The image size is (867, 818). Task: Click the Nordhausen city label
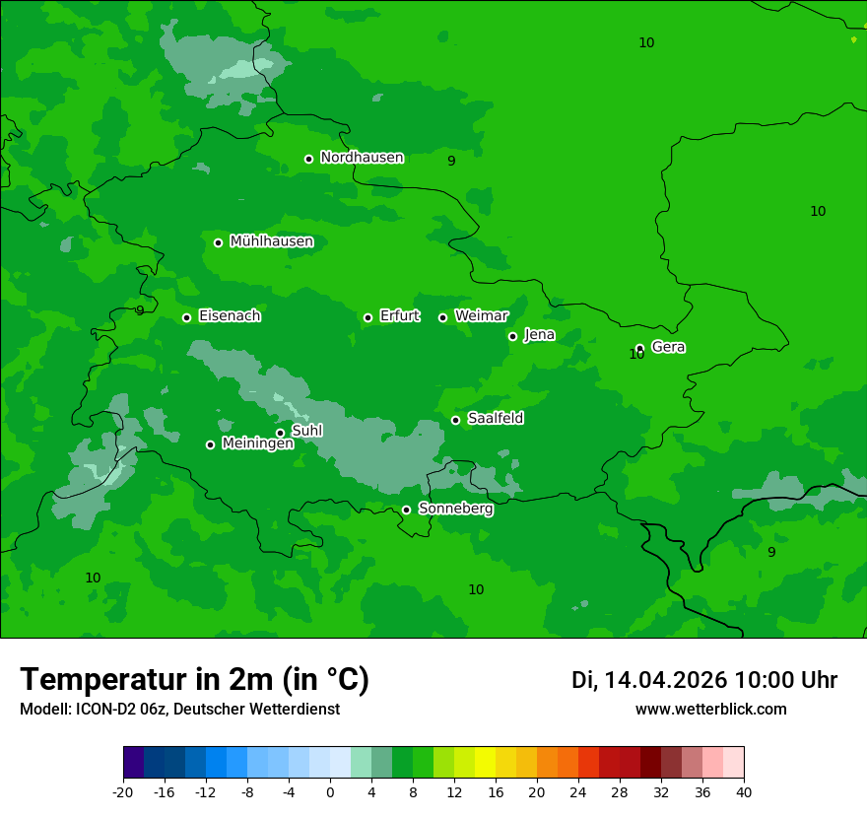point(362,158)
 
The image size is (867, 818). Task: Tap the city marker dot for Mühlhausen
point(218,242)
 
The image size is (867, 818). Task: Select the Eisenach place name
point(230,316)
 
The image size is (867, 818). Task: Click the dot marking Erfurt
point(367,317)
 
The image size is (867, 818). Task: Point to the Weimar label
point(481,316)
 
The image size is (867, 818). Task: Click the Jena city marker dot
point(512,336)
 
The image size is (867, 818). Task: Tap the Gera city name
point(668,347)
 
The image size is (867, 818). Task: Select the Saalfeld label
point(495,419)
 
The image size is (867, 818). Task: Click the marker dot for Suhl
point(280,433)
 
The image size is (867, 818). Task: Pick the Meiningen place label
point(257,444)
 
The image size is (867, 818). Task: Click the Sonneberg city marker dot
point(406,510)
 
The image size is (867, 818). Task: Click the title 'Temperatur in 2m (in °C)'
point(194,679)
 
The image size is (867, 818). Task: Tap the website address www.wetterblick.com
point(710,709)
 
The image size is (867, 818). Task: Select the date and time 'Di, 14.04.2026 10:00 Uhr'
point(703,680)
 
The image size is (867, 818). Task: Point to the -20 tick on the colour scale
point(123,791)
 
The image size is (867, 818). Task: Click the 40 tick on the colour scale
point(744,791)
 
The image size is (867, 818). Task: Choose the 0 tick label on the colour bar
point(330,791)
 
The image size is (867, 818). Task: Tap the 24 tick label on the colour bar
point(578,791)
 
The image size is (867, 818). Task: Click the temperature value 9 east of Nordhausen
point(451,161)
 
